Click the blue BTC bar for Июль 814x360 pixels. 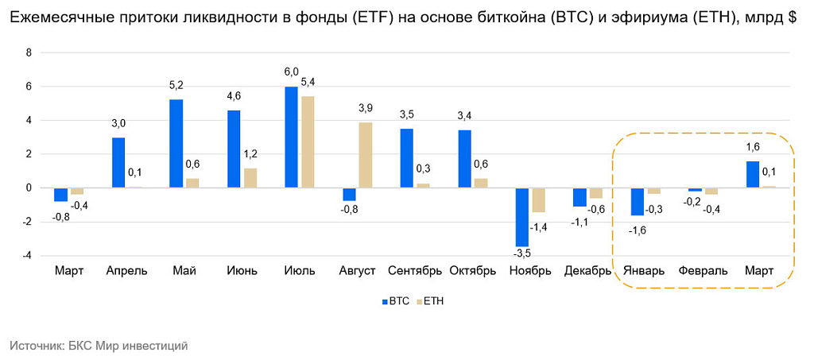click(x=291, y=137)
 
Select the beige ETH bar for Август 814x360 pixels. click(x=365, y=155)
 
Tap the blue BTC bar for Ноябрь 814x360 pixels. click(x=521, y=217)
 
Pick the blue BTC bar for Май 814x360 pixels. click(x=176, y=144)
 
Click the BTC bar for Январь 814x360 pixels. click(x=637, y=202)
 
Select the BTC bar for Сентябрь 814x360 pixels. click(x=406, y=158)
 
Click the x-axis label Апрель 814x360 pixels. click(x=126, y=271)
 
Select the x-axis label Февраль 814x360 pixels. click(x=703, y=271)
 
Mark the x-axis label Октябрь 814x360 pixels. click(x=473, y=271)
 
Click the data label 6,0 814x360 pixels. click(x=292, y=72)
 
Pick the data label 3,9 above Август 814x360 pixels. click(x=366, y=108)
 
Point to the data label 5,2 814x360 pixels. click(x=176, y=86)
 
